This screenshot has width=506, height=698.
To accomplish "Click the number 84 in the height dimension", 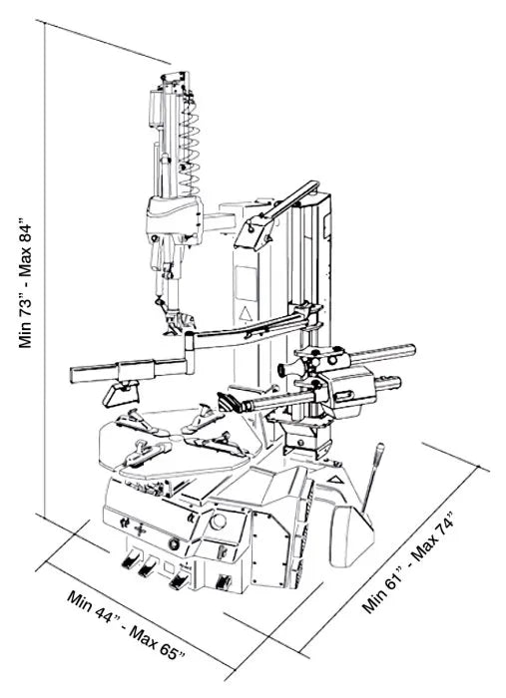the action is click(x=25, y=233).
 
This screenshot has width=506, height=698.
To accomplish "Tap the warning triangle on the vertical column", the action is click(x=244, y=314).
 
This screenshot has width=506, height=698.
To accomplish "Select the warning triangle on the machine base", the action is click(x=334, y=480).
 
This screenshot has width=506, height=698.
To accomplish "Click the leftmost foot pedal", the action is click(x=129, y=559).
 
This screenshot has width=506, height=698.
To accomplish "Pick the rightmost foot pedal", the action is click(x=223, y=582).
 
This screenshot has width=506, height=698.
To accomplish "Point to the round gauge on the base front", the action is click(x=218, y=522).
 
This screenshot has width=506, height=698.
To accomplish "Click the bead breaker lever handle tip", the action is click(x=380, y=448).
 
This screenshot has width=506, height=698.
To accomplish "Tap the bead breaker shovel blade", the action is click(x=351, y=535).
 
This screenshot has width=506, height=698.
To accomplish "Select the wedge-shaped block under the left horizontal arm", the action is click(x=121, y=394).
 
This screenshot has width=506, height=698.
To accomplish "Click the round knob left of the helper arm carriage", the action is click(x=281, y=369).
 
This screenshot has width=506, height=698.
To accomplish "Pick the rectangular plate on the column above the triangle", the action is click(x=247, y=283).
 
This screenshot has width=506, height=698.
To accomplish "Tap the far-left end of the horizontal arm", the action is click(x=72, y=375).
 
